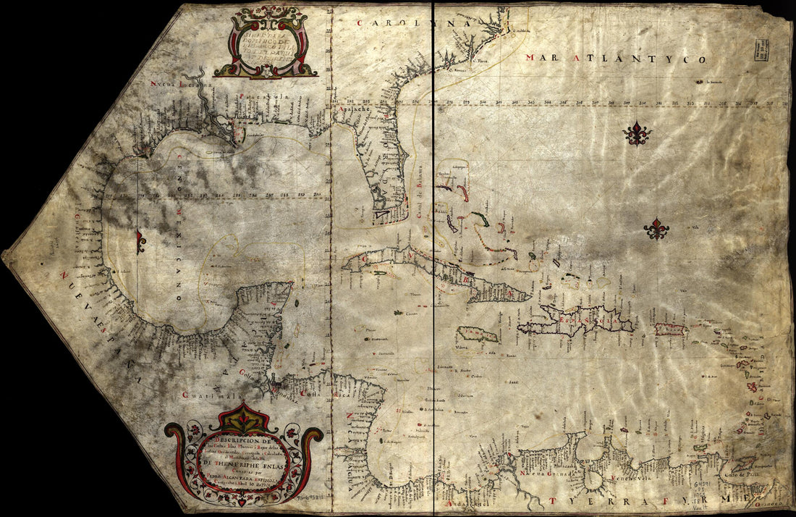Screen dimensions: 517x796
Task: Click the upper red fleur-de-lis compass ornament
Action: (637, 134)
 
